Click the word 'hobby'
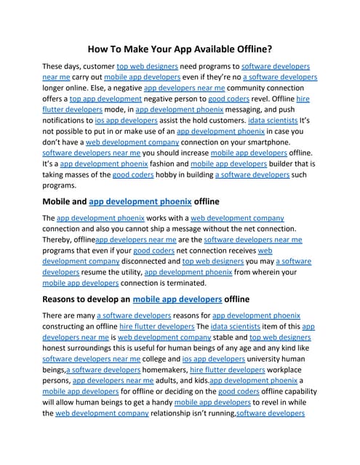[x=151, y=174]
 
